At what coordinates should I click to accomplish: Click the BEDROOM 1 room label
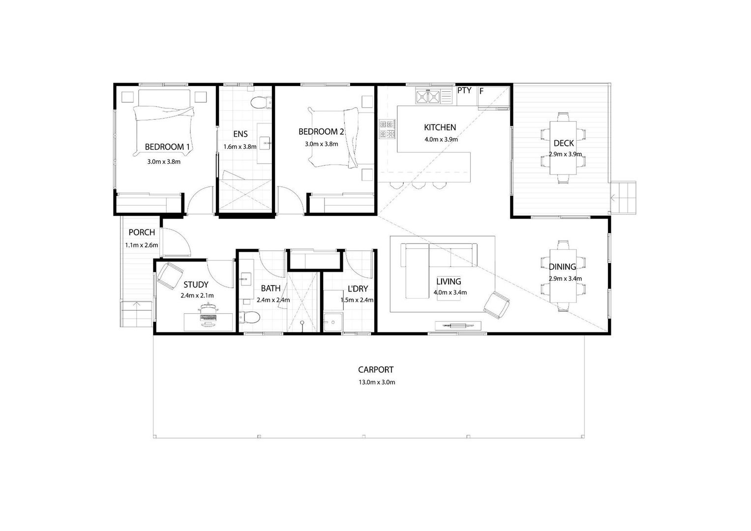(x=167, y=147)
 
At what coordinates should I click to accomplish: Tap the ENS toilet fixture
(x=261, y=103)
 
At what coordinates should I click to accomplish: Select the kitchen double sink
(x=428, y=97)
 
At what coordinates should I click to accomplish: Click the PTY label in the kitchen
(x=464, y=90)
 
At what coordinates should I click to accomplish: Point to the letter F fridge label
(x=481, y=91)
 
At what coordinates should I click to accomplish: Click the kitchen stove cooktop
(x=387, y=129)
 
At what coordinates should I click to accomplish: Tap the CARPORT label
(x=376, y=370)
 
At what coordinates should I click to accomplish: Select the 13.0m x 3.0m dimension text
(x=377, y=382)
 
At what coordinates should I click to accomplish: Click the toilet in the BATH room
(x=249, y=317)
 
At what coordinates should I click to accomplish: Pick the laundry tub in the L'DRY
(x=333, y=323)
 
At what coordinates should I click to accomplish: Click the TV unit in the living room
(x=458, y=325)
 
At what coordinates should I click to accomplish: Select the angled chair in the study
(x=170, y=275)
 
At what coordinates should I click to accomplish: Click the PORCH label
(x=142, y=232)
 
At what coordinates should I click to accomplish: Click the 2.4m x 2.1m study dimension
(x=197, y=295)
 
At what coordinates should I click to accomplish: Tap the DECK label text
(x=564, y=144)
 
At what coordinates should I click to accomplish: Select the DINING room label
(x=562, y=267)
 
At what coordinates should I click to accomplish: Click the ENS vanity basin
(x=266, y=143)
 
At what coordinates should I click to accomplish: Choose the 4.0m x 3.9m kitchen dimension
(x=441, y=140)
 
